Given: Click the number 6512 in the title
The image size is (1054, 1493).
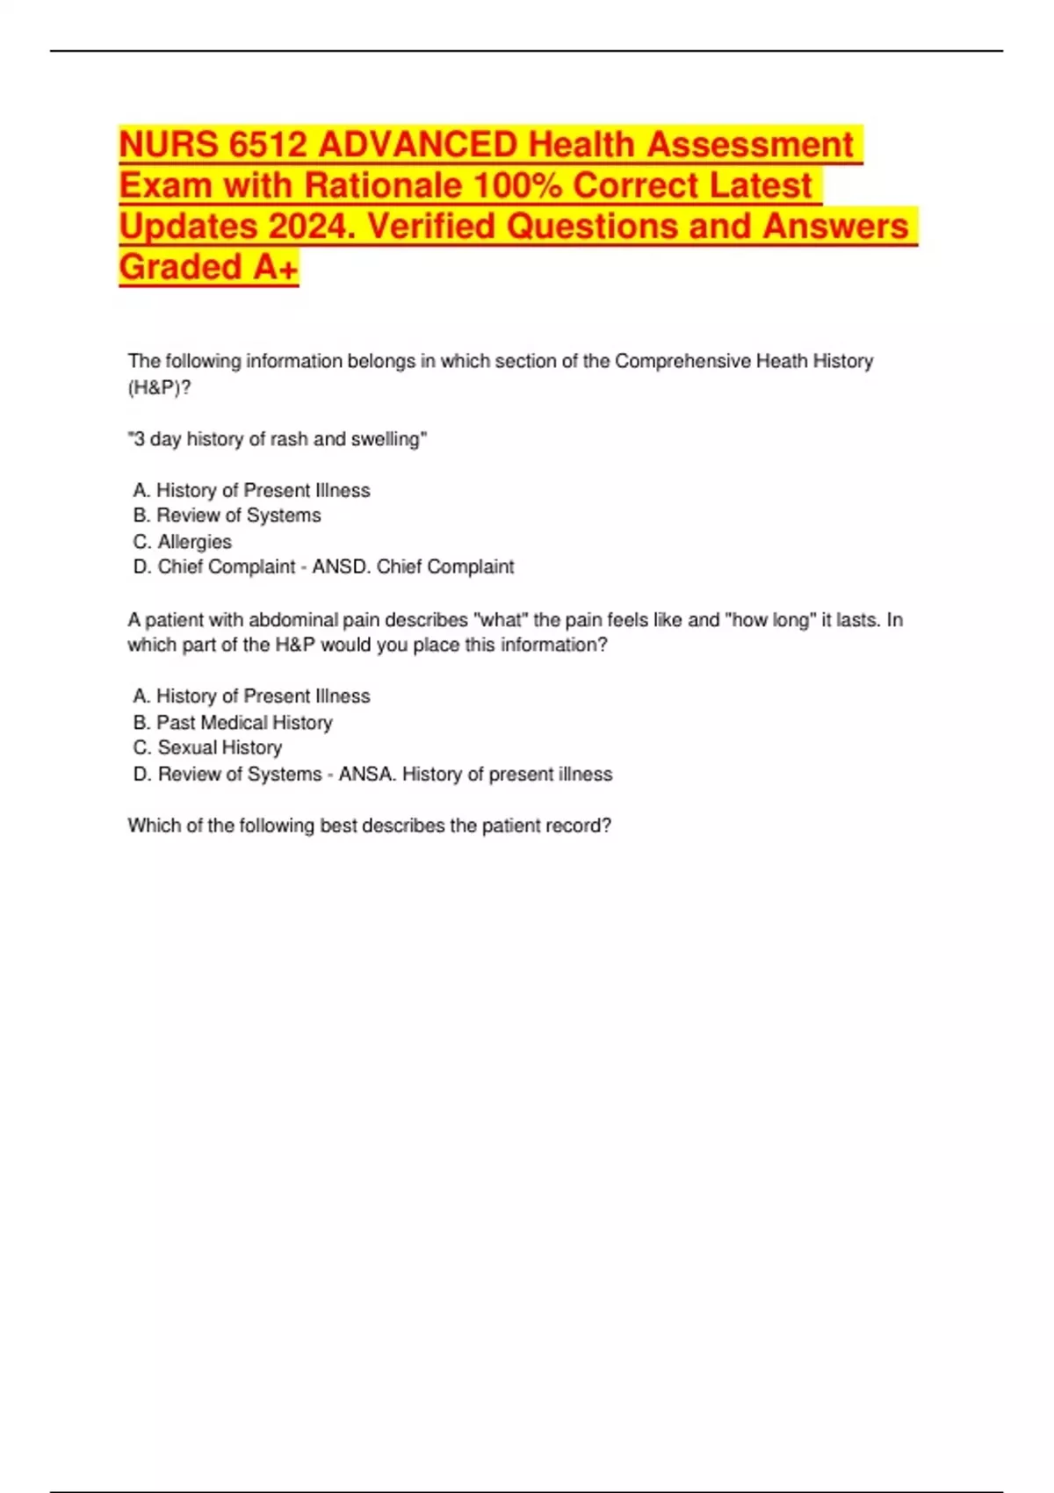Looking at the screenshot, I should tap(263, 145).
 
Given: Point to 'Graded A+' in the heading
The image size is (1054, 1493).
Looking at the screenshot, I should tap(208, 267).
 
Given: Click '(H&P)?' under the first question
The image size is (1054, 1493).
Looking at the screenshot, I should tap(159, 387).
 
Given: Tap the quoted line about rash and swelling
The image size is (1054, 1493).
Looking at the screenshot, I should tap(278, 439).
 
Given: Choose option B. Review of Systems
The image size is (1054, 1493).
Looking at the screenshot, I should tap(227, 516).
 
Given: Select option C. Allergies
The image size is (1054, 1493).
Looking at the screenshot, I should tap(183, 542).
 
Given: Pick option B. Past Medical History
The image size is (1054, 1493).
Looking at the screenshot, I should tap(233, 723).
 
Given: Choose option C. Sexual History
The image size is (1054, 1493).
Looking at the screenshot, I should tap(207, 748).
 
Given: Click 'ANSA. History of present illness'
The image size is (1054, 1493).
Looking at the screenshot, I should tap(475, 775).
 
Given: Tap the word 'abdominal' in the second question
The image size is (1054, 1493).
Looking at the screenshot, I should tap(292, 620).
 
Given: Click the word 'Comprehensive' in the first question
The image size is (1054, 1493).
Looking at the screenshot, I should tap(682, 361).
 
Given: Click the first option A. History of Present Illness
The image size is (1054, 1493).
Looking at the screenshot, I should tap(251, 490).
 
